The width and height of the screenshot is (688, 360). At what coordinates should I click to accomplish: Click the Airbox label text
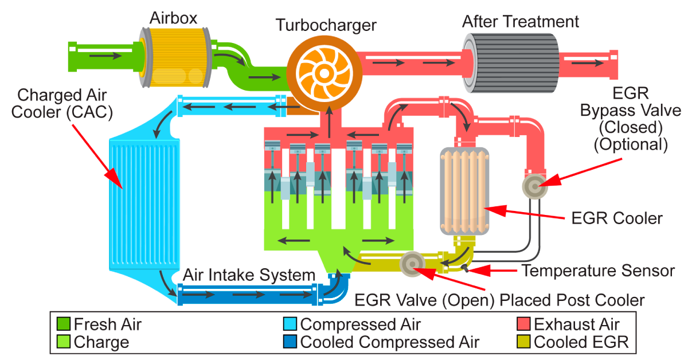pyautogui.click(x=173, y=18)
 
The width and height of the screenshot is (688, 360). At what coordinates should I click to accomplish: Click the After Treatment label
pyautogui.click(x=521, y=22)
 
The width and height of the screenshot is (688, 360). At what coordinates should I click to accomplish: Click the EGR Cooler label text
pyautogui.click(x=617, y=218)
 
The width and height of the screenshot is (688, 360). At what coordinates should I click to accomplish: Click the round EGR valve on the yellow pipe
pyautogui.click(x=412, y=263)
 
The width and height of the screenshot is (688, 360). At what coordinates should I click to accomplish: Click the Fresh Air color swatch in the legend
pyautogui.click(x=64, y=324)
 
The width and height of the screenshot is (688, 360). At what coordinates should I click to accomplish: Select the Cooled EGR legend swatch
pyautogui.click(x=524, y=343)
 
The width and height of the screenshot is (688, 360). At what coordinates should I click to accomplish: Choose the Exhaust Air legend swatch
pyautogui.click(x=524, y=324)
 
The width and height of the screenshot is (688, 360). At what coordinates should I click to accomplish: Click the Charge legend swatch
pyautogui.click(x=64, y=343)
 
